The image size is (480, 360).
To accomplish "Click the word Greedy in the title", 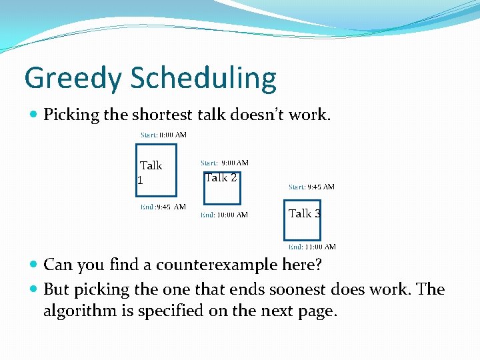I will click(x=74, y=79).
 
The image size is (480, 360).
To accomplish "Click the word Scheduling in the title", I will click(x=203, y=79).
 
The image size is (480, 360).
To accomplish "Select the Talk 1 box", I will click(x=156, y=171).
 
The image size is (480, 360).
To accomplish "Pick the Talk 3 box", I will click(x=302, y=219).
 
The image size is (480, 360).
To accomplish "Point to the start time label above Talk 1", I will click(x=163, y=135).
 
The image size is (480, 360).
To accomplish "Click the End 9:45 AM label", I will click(x=163, y=207).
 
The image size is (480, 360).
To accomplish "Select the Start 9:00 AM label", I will click(x=225, y=163).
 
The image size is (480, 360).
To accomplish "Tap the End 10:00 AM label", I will click(x=225, y=215).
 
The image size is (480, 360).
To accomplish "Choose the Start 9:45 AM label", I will click(x=311, y=187).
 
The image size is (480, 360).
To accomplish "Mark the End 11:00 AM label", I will click(x=312, y=247).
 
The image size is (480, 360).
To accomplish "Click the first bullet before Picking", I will click(x=34, y=115).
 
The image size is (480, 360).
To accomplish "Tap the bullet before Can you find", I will click(x=34, y=265).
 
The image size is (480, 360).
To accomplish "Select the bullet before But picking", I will click(x=34, y=290).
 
